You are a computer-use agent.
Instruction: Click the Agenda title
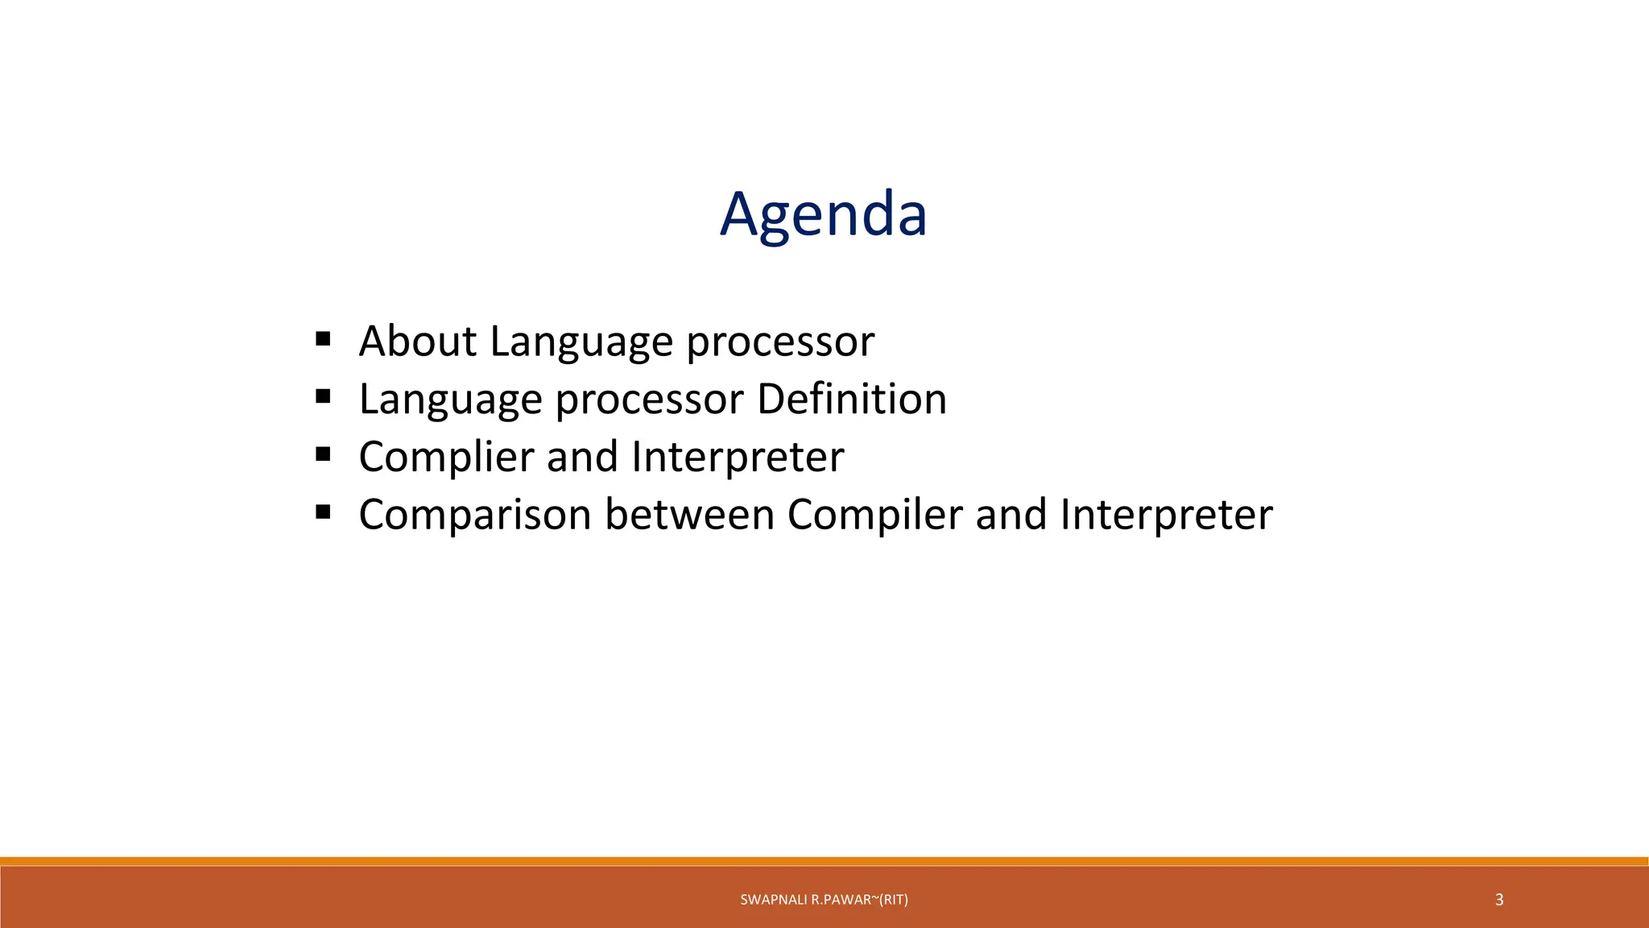point(823,215)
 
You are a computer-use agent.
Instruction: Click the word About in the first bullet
point(417,341)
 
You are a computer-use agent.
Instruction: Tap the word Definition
point(851,399)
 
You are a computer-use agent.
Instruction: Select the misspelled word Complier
point(446,457)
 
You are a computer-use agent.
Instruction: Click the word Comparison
point(475,515)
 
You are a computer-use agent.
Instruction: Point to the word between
point(689,515)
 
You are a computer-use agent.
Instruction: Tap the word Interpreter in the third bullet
point(738,457)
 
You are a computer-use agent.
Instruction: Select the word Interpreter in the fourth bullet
point(1166,515)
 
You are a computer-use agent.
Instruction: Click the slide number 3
point(1498,900)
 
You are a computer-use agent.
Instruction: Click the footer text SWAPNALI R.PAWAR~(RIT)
point(824,900)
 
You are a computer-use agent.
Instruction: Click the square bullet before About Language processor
point(324,338)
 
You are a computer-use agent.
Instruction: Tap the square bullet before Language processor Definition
point(324,396)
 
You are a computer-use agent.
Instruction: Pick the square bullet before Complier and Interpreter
point(324,454)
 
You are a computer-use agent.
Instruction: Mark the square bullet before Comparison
point(324,512)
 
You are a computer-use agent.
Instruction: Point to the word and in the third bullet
point(582,457)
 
